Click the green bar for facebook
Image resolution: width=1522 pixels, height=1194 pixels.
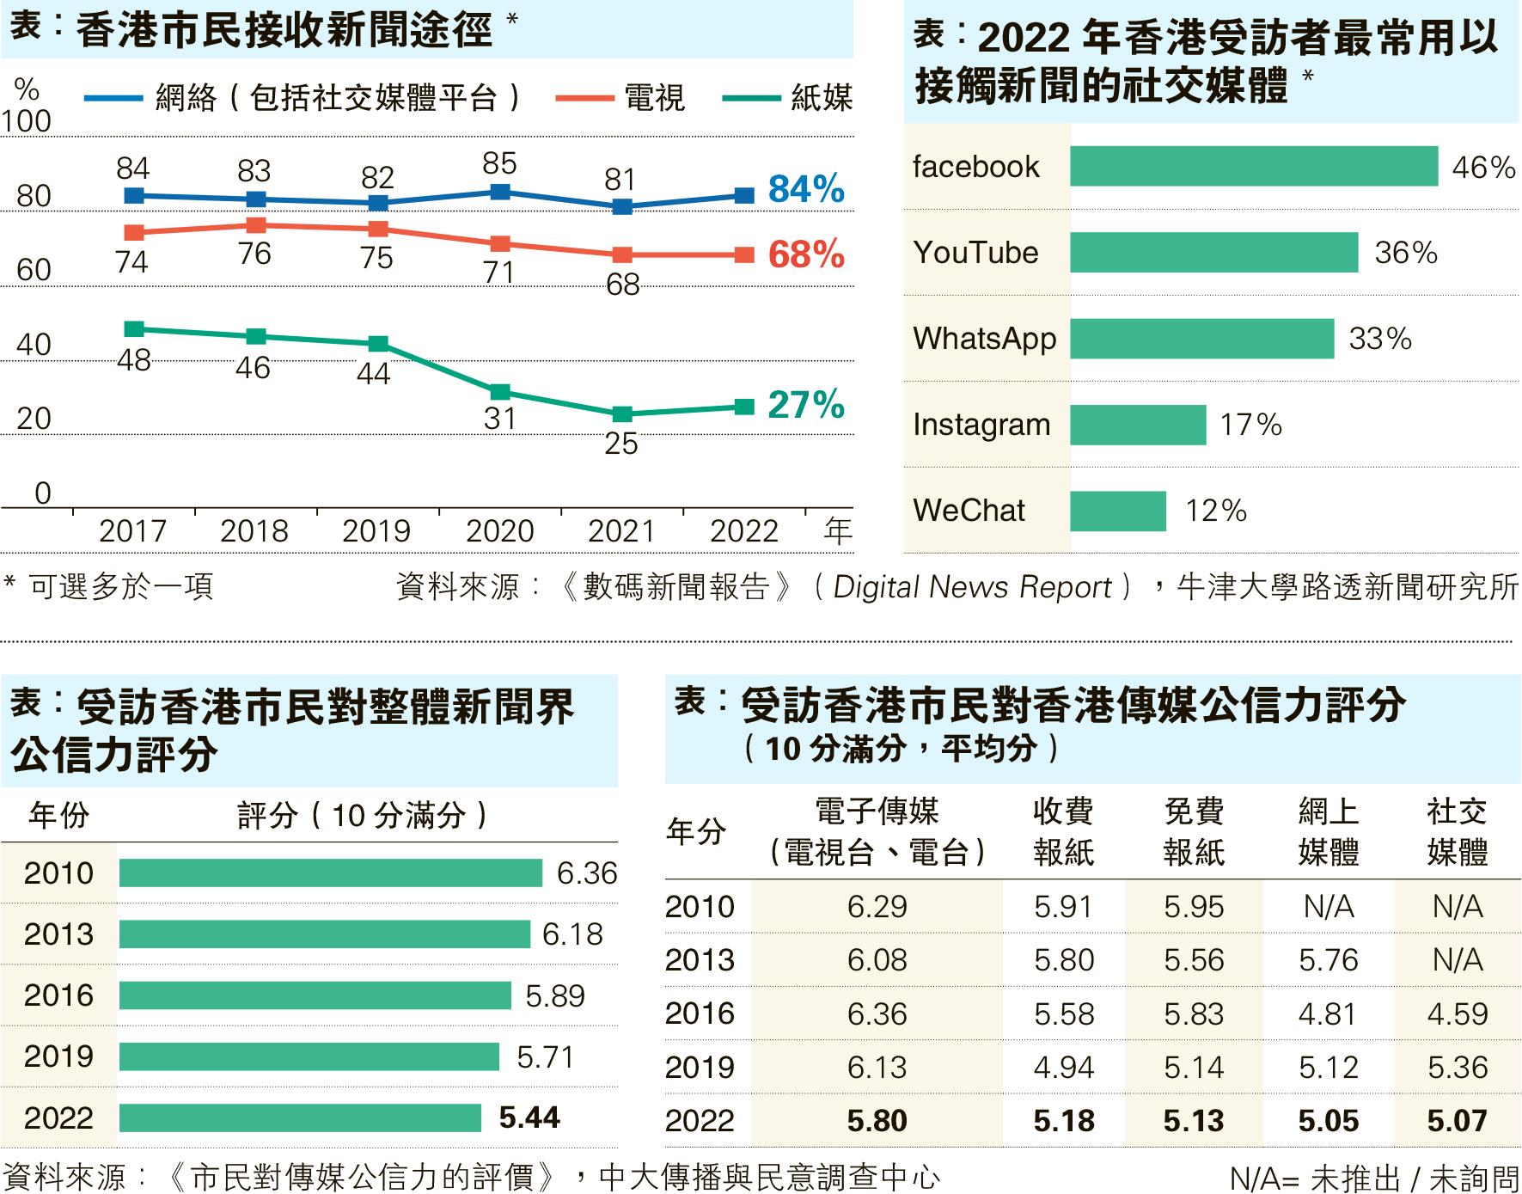point(1253,166)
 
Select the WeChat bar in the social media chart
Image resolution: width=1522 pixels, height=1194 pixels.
point(1117,511)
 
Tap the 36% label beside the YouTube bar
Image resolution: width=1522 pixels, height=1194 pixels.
point(1405,253)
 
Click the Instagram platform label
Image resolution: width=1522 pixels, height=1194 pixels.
point(981,425)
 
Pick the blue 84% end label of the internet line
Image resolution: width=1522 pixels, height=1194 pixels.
point(805,190)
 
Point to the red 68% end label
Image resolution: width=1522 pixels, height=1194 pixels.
point(805,255)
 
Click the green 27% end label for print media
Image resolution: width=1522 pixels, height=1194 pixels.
point(805,405)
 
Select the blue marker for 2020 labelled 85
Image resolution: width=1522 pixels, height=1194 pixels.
point(499,192)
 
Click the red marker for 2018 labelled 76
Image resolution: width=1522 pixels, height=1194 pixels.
point(255,225)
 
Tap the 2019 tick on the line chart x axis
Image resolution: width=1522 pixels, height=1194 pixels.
point(376,531)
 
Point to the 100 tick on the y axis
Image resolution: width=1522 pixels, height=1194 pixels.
point(26,122)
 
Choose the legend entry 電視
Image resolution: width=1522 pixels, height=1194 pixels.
point(654,98)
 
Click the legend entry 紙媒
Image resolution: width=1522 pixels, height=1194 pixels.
point(821,98)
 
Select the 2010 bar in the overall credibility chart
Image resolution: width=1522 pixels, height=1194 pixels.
point(330,873)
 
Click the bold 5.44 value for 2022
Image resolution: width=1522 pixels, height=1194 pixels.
point(529,1117)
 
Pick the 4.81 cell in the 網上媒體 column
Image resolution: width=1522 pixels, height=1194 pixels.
point(1328,1014)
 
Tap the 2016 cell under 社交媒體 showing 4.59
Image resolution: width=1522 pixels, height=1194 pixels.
point(1457,1014)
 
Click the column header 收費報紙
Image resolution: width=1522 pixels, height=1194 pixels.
point(1064,831)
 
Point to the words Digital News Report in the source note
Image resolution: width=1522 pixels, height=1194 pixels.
point(973,587)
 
